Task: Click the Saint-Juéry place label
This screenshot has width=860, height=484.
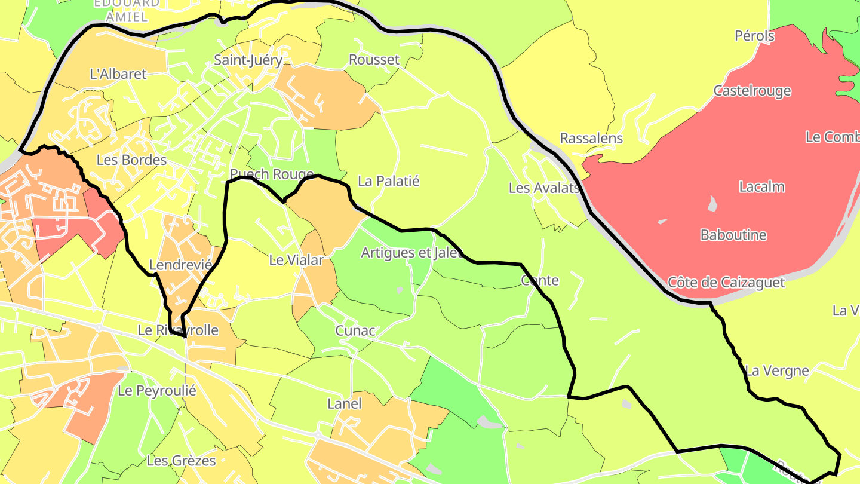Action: point(248,60)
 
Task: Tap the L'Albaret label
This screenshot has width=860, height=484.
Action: point(118,74)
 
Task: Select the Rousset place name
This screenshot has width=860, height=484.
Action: point(374,60)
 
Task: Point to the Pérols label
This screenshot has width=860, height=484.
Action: point(755,36)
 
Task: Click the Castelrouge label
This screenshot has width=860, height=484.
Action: point(752,91)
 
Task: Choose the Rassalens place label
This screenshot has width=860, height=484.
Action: point(591,138)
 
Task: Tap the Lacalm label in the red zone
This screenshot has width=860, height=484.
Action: point(762,186)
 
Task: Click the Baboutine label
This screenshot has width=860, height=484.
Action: point(733,235)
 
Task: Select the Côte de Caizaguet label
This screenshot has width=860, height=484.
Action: point(726,282)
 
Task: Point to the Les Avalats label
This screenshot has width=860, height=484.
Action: point(544,188)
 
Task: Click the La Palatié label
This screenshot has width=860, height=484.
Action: point(389,181)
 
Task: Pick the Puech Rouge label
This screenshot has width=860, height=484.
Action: point(272,174)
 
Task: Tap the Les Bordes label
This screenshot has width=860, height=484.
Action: point(131,160)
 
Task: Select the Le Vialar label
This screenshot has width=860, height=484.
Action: point(296,260)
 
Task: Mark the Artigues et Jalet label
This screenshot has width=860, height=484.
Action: point(413,253)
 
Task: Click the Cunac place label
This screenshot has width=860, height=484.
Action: point(355,330)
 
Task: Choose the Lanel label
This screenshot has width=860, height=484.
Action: point(345,404)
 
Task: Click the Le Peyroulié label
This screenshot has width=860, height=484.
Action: point(157,391)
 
